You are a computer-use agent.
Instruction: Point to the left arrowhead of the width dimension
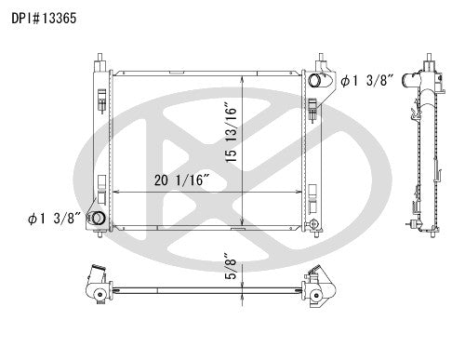tap(114, 193)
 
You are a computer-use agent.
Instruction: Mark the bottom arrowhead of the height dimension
tap(243, 223)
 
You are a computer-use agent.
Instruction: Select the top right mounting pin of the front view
tap(315, 60)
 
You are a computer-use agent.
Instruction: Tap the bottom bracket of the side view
tap(414, 223)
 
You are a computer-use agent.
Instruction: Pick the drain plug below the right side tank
tap(319, 230)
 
